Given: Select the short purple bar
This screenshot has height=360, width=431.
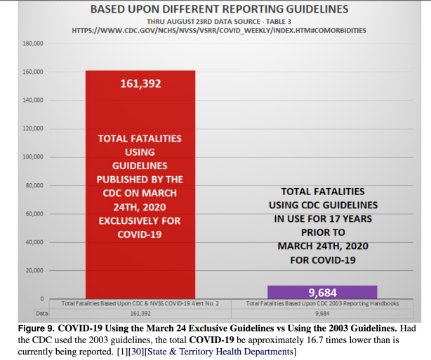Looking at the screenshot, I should click(x=322, y=291).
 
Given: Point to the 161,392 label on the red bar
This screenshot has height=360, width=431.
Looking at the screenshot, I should click(x=140, y=84).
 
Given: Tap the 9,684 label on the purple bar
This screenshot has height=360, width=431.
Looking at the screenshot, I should click(x=322, y=292).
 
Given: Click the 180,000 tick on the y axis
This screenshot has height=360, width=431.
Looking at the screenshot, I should click(x=34, y=44).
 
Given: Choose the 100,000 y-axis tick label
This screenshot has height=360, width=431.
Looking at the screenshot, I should click(x=34, y=157).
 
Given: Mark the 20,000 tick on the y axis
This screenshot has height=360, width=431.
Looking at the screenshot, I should click(x=36, y=270).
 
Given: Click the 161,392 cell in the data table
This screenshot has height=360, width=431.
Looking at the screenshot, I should click(x=140, y=313).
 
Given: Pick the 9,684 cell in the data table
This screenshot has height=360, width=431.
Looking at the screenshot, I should click(x=322, y=313).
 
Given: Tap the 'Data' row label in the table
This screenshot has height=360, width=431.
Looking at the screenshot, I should click(x=43, y=313).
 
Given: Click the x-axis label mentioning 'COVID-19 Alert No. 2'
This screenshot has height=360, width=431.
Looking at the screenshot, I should click(x=140, y=304).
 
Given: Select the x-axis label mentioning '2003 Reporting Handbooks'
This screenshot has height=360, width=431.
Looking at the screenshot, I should click(x=322, y=304).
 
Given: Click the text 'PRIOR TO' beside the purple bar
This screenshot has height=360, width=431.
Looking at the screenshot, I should click(x=322, y=232).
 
